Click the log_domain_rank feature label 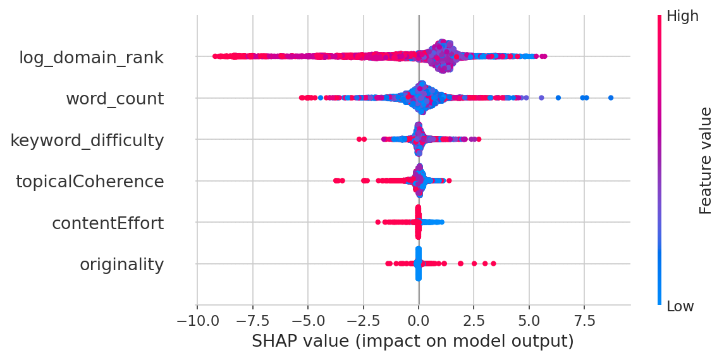click(91, 58)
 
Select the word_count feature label click(114, 99)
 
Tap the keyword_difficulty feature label click(87, 140)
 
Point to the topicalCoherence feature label click(90, 182)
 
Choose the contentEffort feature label click(107, 223)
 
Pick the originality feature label click(121, 264)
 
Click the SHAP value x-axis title click(412, 341)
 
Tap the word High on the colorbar click(682, 16)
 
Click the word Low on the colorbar click(680, 306)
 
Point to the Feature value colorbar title click(706, 161)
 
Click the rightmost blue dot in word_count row click(611, 97)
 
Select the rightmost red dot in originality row click(493, 263)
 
